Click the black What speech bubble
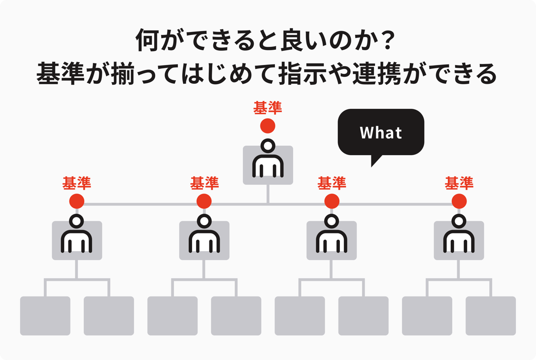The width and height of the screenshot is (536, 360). coord(380,132)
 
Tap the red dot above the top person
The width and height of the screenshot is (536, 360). coord(268,126)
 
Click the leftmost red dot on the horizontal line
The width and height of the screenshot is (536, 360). coord(77,201)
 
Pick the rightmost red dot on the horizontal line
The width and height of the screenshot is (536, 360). coord(459,201)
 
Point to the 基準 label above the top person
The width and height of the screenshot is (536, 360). coord(268,108)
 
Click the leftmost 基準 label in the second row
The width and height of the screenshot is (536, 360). coord(77,183)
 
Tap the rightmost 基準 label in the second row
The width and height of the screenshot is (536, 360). coord(459,183)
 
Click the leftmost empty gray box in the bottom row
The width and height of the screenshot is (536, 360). coord(45,316)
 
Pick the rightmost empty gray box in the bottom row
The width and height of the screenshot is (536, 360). coord(491,316)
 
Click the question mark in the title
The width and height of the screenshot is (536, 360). coord(388,43)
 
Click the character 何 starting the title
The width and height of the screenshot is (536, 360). coord(147,43)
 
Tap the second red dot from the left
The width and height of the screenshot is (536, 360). coord(204,201)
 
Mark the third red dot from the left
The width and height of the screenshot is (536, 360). coord(332,201)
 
